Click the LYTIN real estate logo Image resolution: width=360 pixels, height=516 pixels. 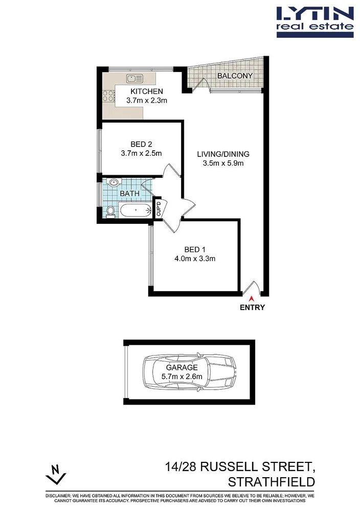pos(314,21)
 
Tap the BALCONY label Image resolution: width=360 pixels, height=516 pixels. pos(235,76)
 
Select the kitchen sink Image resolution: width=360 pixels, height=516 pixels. pos(135,79)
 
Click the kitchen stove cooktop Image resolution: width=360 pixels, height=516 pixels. pos(108,95)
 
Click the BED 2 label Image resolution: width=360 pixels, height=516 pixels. pos(141,144)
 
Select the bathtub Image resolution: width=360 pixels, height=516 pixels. pos(134,209)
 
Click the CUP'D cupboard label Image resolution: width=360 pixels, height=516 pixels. pos(158,209)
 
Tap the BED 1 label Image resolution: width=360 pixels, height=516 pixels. pos(195,249)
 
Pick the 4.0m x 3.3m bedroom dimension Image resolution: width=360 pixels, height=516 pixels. pos(195,259)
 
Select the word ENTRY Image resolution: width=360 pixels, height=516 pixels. pos(252,308)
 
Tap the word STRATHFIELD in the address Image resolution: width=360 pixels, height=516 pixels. pos(272,482)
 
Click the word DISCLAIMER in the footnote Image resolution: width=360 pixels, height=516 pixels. pos(60,496)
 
